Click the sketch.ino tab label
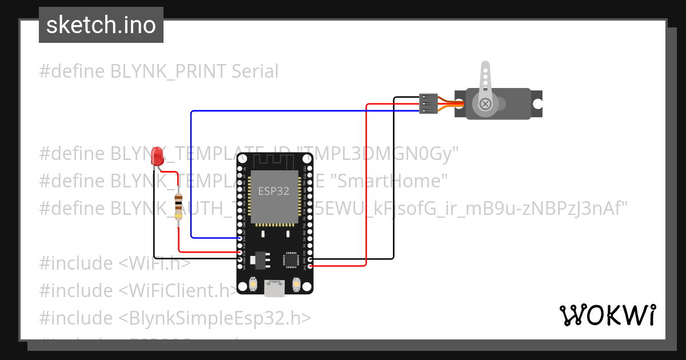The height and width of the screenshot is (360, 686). pyautogui.click(x=101, y=26)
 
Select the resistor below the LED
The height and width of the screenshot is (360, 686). pyautogui.click(x=178, y=206)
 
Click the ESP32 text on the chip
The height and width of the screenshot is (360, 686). pyautogui.click(x=274, y=191)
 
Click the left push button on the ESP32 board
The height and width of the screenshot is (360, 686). pyautogui.click(x=253, y=284)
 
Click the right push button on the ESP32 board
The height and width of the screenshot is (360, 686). pyautogui.click(x=296, y=284)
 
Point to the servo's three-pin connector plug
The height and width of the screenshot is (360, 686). pyautogui.click(x=428, y=104)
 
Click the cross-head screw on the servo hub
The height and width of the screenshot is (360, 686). pyautogui.click(x=485, y=104)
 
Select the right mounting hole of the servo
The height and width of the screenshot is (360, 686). pyautogui.click(x=537, y=104)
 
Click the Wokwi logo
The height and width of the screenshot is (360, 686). pyautogui.click(x=607, y=315)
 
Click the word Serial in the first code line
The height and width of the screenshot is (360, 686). pyautogui.click(x=255, y=71)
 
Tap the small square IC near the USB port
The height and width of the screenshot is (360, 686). pyautogui.click(x=290, y=260)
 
